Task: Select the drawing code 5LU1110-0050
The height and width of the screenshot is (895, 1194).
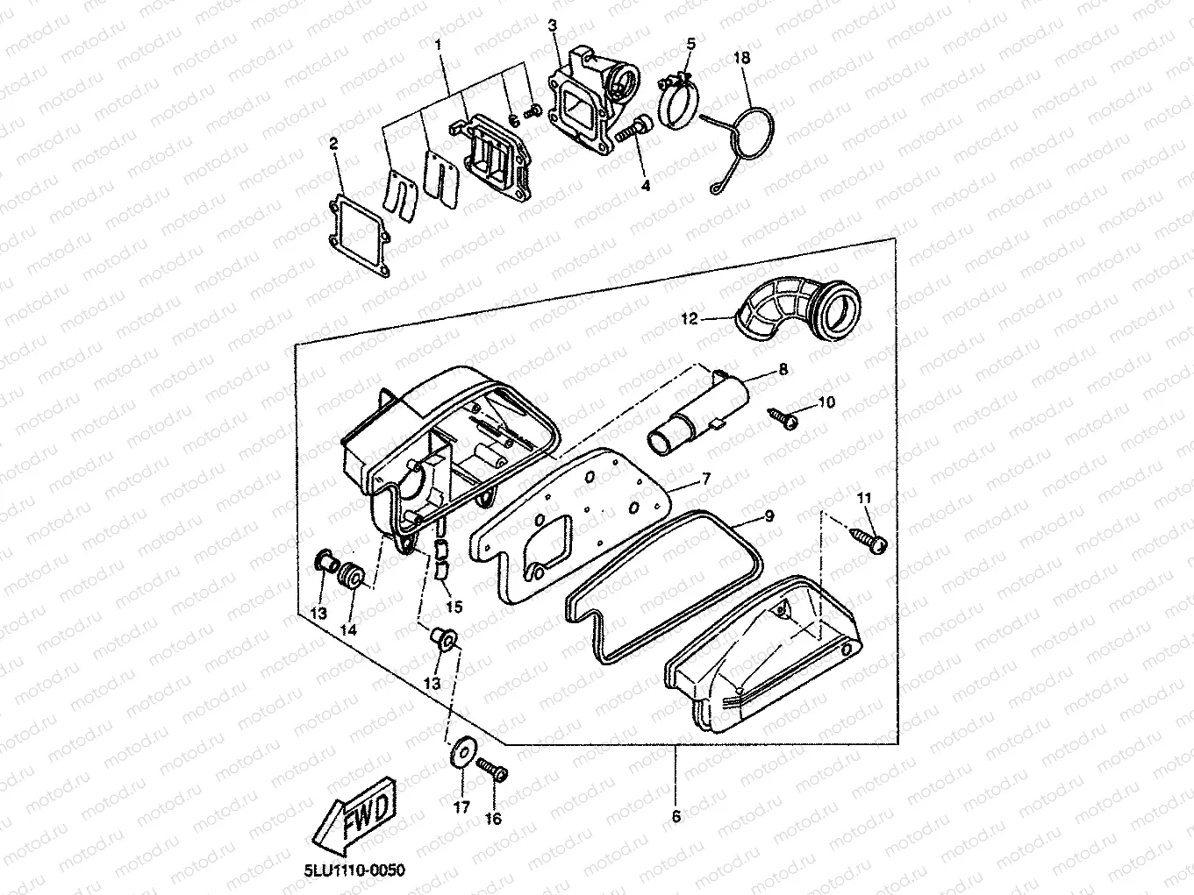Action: (x=354, y=870)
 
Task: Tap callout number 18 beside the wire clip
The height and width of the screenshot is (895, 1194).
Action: (x=742, y=58)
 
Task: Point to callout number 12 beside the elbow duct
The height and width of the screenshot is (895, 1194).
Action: (x=690, y=318)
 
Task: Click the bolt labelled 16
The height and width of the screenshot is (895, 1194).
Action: (x=492, y=769)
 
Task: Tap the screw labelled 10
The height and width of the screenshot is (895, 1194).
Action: (x=783, y=419)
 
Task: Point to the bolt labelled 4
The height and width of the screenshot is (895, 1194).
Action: (x=633, y=130)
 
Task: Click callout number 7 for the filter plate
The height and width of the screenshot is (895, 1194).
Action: (x=706, y=479)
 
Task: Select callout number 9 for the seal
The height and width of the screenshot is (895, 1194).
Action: (x=769, y=515)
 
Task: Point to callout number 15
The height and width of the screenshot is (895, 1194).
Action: (x=454, y=607)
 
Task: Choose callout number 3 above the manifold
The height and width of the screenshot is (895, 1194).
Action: (x=553, y=25)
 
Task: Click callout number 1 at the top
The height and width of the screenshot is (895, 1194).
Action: (x=439, y=44)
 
